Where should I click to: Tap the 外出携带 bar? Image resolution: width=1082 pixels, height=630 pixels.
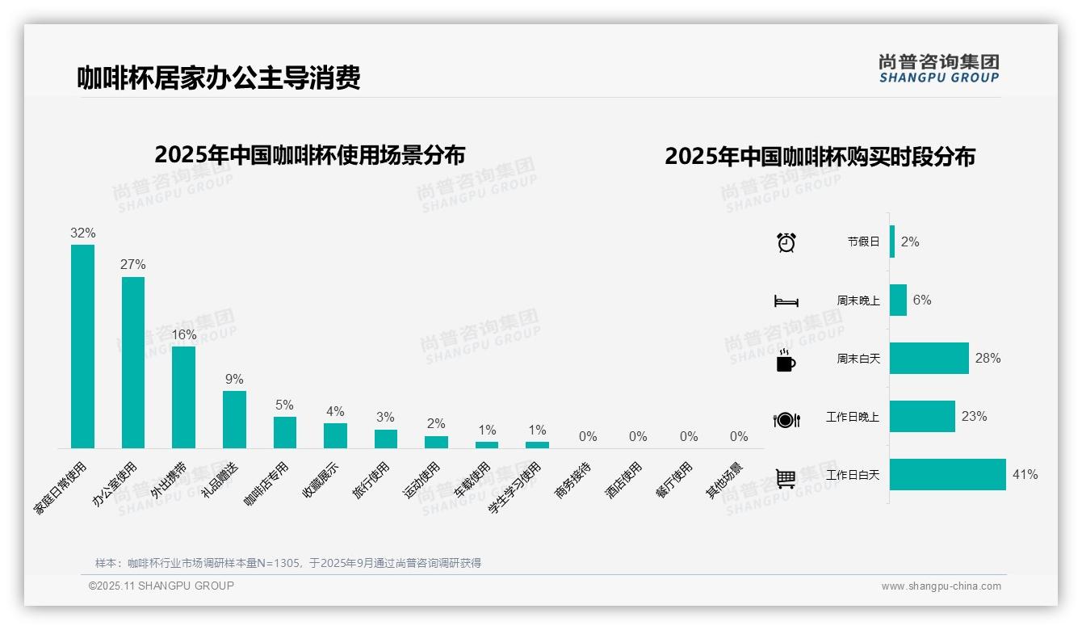coord(183,397)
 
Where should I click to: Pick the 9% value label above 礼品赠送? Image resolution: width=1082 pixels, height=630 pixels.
coord(234,380)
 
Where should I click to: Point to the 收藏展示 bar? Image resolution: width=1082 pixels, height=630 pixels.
coord(335,435)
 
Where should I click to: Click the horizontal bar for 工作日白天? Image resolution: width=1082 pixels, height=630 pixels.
coord(948,475)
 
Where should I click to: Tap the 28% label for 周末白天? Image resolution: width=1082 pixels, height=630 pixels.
coord(988,358)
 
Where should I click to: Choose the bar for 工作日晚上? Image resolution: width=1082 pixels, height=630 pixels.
coord(922,417)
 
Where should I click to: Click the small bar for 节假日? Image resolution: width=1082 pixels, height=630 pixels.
coord(892,241)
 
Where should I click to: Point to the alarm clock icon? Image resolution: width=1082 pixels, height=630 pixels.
coord(786,241)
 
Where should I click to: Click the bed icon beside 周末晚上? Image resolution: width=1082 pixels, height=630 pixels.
coord(786,301)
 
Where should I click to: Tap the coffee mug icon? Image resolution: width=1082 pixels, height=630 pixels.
coord(786,360)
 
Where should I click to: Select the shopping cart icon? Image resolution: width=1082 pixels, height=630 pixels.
coord(786,478)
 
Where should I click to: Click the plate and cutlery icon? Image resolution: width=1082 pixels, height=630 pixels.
coord(786,419)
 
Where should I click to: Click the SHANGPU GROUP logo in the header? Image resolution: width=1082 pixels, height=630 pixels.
coord(939,69)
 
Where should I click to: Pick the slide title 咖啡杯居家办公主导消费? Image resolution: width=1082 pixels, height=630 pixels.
coord(218,78)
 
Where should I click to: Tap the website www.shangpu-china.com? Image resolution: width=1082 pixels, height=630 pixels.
coord(941,586)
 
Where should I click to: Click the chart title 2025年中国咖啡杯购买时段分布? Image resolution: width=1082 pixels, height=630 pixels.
coord(820,156)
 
